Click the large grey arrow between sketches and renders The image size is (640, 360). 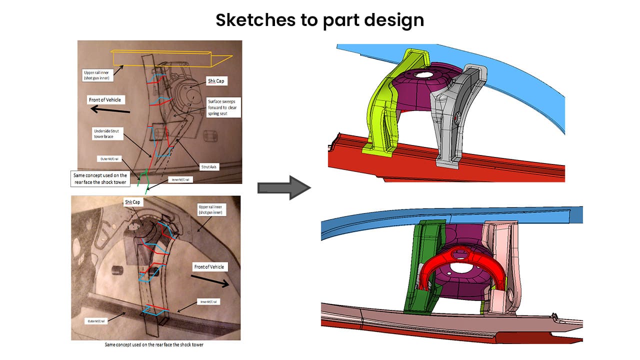pos(283,187)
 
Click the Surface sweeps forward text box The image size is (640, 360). pos(223,107)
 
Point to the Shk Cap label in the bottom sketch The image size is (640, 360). pos(133,202)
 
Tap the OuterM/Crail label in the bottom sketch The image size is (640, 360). pos(98,321)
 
